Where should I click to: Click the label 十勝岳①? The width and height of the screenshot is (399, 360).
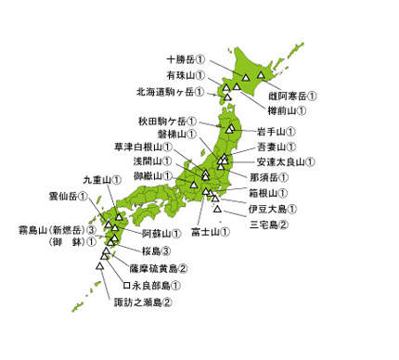(186, 58)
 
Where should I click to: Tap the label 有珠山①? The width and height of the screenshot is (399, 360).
(186, 74)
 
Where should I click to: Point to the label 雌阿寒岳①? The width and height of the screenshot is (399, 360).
(292, 95)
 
